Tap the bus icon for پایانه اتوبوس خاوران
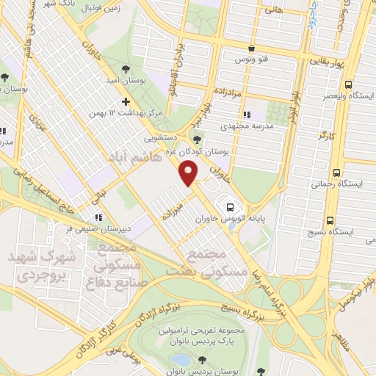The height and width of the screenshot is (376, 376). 231,206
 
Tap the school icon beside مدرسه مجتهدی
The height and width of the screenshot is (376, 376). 248,115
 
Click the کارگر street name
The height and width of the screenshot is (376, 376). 319,137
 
